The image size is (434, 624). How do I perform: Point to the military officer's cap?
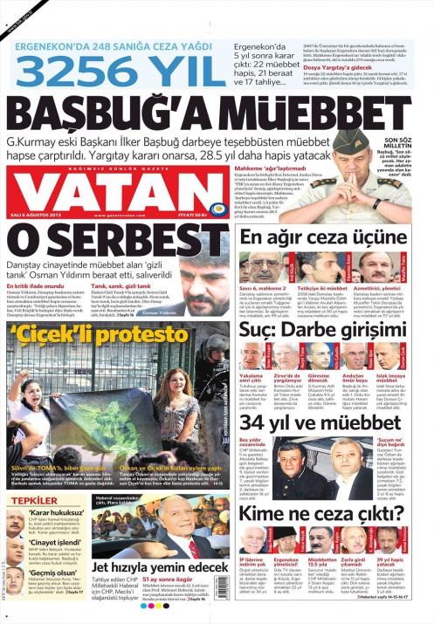(352, 141)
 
